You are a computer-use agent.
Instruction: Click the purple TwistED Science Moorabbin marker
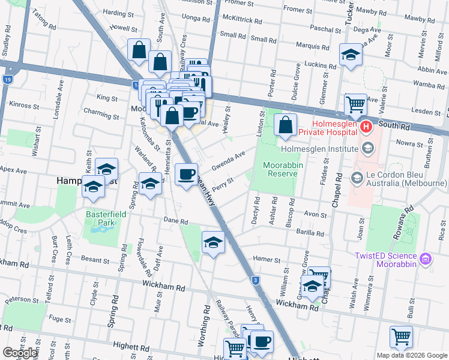(x=426, y=259)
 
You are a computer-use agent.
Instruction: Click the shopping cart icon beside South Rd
(x=356, y=105)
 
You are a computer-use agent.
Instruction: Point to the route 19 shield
(x=7, y=79)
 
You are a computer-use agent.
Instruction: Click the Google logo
(x=20, y=353)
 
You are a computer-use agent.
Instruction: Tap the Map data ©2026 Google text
(x=411, y=355)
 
